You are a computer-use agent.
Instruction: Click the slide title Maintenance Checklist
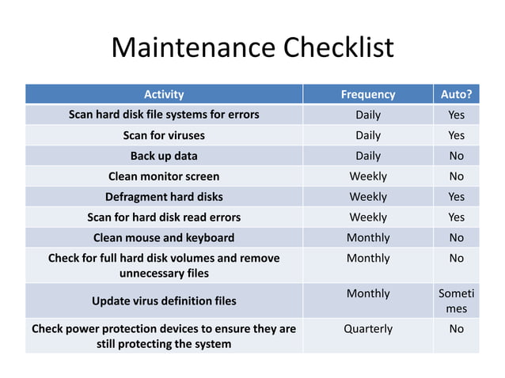coord(252,48)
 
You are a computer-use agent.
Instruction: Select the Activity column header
coord(164,94)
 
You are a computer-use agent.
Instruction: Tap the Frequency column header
coord(367,94)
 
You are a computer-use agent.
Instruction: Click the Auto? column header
coord(456,94)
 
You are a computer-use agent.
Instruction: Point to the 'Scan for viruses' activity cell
coord(164,135)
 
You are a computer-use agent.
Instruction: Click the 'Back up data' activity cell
coord(164,156)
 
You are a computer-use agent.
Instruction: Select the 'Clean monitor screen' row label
coord(164,176)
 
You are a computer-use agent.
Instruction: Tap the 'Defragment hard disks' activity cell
coord(164,197)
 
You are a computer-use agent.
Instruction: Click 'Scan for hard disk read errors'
coord(164,217)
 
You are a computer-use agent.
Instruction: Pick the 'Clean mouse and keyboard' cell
coord(164,237)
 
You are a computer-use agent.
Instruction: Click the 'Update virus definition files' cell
coord(164,301)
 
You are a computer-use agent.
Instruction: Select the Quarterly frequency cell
coord(367,328)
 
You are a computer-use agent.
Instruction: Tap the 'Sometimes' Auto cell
coord(456,301)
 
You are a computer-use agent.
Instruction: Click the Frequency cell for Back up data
coord(367,156)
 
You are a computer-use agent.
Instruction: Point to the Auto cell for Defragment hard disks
coord(456,197)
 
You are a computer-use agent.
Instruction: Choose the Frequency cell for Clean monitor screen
coord(367,176)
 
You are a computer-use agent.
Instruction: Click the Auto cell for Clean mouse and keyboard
coord(456,237)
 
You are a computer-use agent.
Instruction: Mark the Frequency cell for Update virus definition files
coord(367,293)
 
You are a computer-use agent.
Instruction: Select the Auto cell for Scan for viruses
coord(456,135)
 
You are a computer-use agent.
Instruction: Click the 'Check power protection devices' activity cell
coord(164,336)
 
